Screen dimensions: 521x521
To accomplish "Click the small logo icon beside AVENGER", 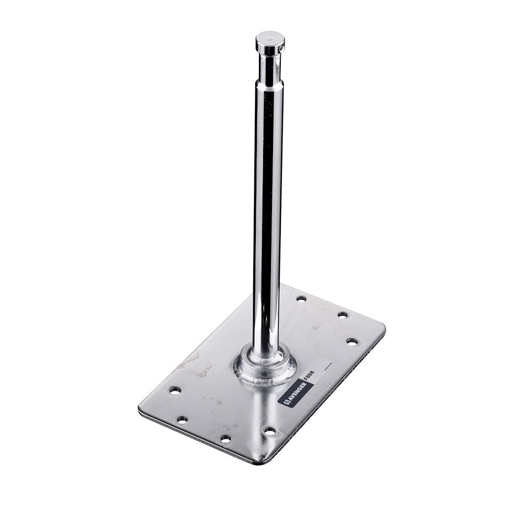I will tap(286, 403).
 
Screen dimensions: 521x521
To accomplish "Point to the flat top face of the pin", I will tap(270, 38).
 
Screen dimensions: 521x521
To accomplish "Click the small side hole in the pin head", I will tap(281, 48).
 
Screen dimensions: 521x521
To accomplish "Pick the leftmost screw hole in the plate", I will tap(175, 390).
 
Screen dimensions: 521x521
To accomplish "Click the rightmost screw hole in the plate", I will tap(352, 342).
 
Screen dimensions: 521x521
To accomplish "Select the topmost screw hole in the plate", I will tap(301, 299).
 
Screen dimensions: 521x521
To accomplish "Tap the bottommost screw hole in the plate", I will tap(225, 439).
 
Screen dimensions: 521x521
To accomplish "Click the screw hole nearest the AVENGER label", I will tap(269, 431).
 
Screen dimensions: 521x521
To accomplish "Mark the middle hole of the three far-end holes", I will tap(342, 315).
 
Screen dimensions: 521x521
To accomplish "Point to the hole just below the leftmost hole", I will tap(182, 419).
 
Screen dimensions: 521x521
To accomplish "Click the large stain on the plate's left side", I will tap(191, 362).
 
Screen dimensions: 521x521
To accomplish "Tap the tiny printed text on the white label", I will tap(320, 365).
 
